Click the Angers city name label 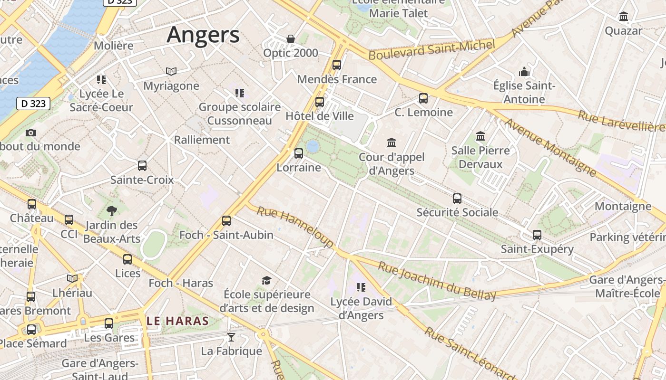pos(203,35)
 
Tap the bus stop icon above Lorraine pos(299,153)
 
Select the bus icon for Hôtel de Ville pos(320,102)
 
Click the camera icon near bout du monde pos(31,133)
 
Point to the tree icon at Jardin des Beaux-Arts pos(112,210)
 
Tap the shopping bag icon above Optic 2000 pos(290,39)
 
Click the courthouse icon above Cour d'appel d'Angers pos(392,142)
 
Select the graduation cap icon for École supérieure pos(266,281)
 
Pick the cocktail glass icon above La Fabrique pos(231,337)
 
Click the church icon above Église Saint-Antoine pos(524,72)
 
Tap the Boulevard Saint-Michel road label pos(432,50)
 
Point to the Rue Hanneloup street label pos(295,227)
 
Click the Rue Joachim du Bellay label pos(437,281)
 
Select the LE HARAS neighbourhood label pos(178,321)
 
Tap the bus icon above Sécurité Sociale pos(457,198)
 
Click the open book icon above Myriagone pos(171,72)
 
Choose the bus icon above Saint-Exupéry pos(537,235)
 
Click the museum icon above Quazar pos(624,17)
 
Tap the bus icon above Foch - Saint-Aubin pos(226,221)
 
